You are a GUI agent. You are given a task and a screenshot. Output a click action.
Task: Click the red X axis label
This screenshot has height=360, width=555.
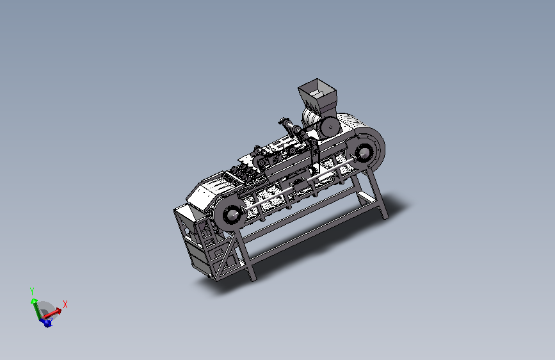(x=65, y=304)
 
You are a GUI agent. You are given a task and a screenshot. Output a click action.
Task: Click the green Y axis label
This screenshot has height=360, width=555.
(x=32, y=291)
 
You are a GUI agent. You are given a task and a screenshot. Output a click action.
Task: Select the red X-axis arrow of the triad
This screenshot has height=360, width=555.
(x=52, y=313)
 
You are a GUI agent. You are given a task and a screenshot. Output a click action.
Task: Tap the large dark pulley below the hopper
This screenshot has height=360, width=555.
(x=330, y=127)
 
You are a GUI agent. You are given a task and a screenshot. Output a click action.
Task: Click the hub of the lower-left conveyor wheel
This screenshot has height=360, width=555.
(x=232, y=214)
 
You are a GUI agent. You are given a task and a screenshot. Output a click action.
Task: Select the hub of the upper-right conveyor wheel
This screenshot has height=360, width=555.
(x=363, y=153)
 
